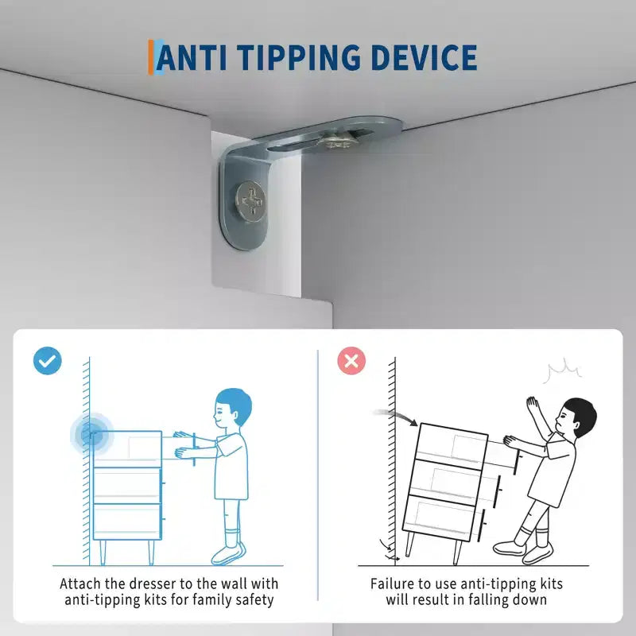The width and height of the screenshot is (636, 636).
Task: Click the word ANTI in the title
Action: tap(191, 57)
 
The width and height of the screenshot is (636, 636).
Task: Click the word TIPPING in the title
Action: tap(298, 57)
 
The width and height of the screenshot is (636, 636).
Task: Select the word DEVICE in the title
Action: tap(424, 57)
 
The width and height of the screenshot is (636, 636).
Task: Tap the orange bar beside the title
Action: tap(150, 57)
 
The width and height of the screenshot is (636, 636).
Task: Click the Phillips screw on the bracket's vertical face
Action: tap(251, 201)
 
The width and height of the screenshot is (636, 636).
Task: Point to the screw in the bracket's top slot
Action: tap(336, 141)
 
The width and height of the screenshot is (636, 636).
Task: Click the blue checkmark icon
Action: tap(48, 361)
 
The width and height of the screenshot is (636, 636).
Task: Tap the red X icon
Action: tap(351, 361)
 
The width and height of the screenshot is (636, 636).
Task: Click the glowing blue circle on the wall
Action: tap(91, 434)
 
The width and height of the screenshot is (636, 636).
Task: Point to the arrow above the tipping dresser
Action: tap(396, 416)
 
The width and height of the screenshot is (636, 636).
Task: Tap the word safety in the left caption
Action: tap(254, 600)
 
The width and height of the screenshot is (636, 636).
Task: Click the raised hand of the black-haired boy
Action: tap(532, 406)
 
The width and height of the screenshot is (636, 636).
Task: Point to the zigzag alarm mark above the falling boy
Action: tap(564, 371)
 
